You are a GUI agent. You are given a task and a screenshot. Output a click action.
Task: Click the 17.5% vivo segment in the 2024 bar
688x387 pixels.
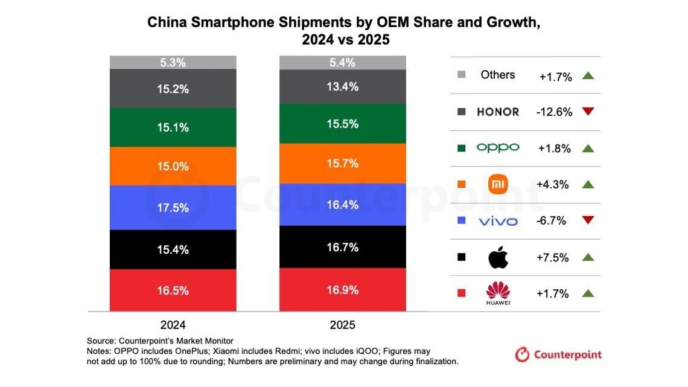click(x=173, y=207)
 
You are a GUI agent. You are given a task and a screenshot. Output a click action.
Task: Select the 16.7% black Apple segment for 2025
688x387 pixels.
click(x=342, y=247)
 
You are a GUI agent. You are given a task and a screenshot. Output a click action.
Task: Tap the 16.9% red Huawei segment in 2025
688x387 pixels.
click(x=342, y=290)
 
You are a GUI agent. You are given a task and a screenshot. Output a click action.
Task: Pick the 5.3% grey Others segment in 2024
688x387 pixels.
click(x=173, y=62)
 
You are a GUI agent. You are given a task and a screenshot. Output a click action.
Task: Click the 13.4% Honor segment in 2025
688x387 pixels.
click(x=342, y=86)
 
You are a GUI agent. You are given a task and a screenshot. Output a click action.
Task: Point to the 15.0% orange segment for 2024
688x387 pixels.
click(x=173, y=166)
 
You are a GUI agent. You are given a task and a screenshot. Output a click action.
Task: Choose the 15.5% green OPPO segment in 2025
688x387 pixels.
click(x=342, y=124)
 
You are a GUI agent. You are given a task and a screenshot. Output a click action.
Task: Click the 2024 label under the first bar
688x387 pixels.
click(x=173, y=325)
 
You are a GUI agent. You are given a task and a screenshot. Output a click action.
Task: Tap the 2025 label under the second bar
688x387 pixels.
click(x=342, y=325)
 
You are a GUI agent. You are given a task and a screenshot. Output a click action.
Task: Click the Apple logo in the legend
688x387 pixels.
click(x=498, y=258)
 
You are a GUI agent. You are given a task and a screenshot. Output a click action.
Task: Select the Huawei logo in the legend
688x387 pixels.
click(x=498, y=293)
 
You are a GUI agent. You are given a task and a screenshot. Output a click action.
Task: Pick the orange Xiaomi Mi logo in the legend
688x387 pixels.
click(x=498, y=185)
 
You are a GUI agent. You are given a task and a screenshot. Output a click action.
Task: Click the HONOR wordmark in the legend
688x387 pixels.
click(x=498, y=112)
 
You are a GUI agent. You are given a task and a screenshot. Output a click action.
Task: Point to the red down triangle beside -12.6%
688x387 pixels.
click(x=588, y=112)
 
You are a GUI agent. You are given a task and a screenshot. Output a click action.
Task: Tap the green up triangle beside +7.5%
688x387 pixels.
click(x=588, y=257)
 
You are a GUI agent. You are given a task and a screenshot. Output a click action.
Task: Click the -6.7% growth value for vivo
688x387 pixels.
click(x=551, y=221)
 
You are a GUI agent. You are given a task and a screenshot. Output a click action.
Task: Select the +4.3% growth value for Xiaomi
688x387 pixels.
click(x=552, y=185)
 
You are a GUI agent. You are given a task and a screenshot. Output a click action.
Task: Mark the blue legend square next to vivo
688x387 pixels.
click(x=462, y=221)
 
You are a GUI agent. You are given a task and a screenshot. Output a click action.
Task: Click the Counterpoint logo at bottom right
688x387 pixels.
click(x=558, y=354)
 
